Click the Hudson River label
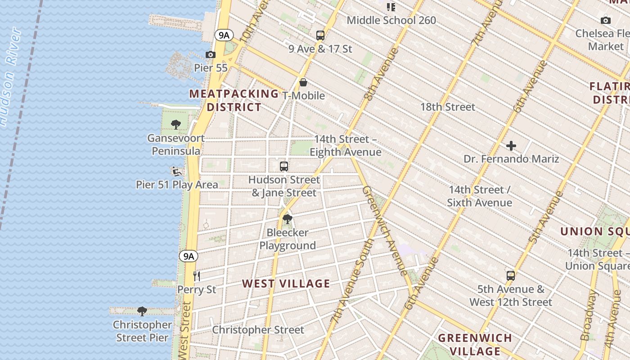(10, 76)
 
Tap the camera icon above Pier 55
(210, 54)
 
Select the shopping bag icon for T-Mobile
(303, 82)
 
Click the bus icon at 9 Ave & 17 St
(320, 35)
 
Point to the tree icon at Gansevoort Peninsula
(176, 125)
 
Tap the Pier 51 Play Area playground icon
(176, 171)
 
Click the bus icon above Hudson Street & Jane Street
(283, 166)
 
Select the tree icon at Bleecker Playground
(287, 219)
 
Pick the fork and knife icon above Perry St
(196, 275)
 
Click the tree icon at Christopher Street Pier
(142, 311)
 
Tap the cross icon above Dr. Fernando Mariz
(511, 146)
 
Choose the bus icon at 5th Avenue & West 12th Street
(510, 275)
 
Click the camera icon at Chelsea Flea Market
(606, 20)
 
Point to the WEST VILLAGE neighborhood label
(286, 283)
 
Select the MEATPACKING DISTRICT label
(234, 100)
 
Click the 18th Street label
(448, 107)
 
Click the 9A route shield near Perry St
(189, 256)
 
